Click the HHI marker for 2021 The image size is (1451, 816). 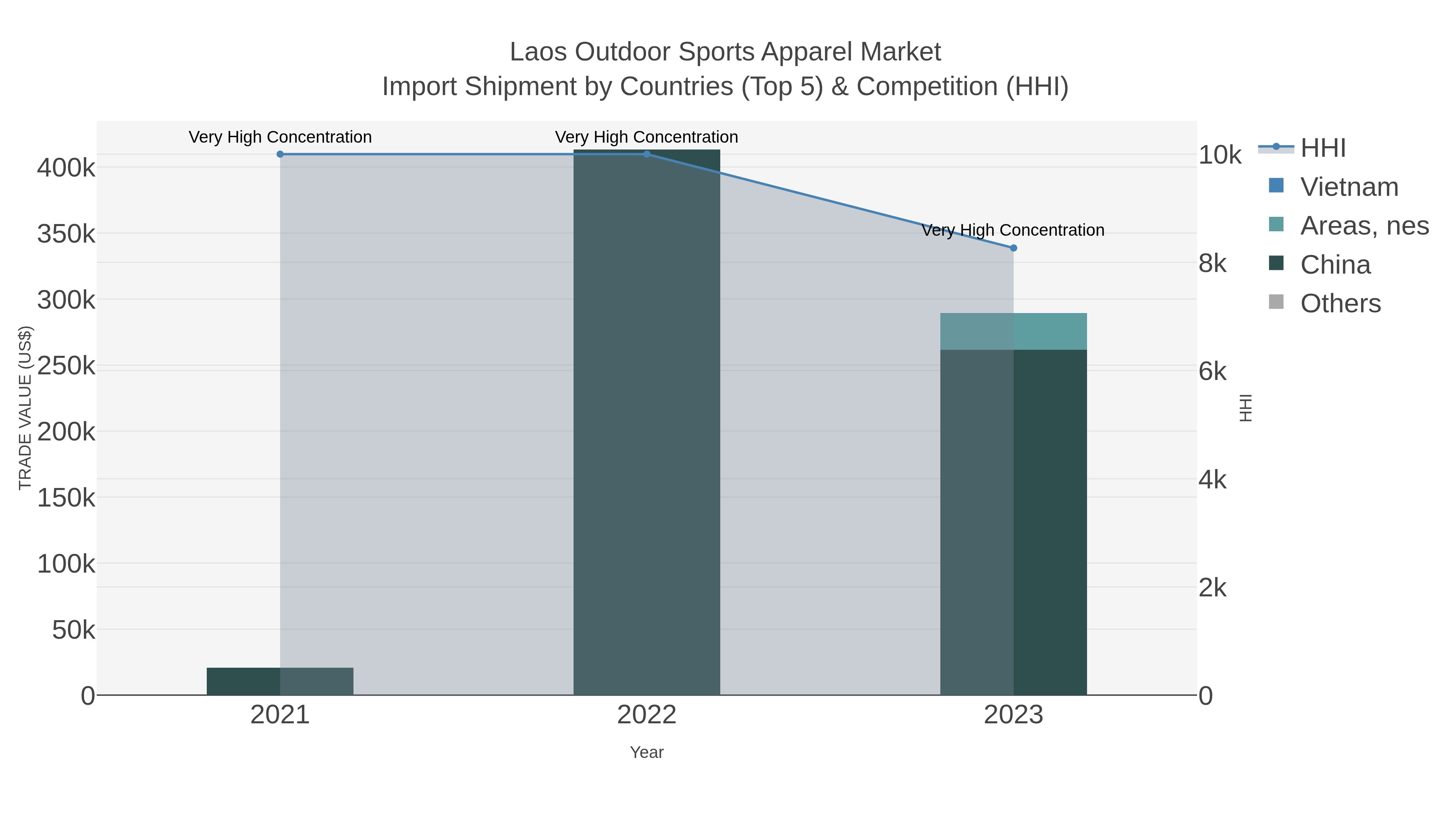[x=280, y=154]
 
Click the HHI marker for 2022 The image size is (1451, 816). [x=647, y=154]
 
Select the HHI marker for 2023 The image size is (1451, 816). [x=1013, y=248]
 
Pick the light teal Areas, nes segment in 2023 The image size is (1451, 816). [x=1013, y=332]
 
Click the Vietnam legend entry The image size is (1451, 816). [x=1349, y=187]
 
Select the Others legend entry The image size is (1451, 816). [x=1340, y=303]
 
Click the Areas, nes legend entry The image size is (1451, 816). [x=1364, y=226]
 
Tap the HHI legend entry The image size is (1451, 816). [x=1322, y=148]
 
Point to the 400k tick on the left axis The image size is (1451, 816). [x=66, y=168]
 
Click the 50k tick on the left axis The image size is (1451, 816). [x=73, y=630]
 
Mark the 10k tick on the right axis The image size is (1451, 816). [x=1220, y=155]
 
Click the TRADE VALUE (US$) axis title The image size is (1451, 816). [x=25, y=408]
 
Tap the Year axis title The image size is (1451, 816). [x=647, y=752]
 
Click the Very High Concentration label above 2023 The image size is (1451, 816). [x=1013, y=230]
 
